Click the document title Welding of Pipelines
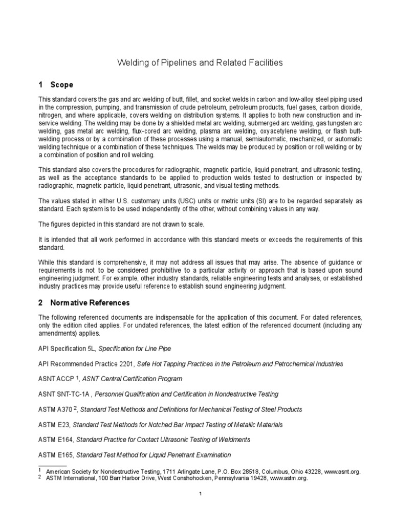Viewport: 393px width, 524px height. click(x=200, y=63)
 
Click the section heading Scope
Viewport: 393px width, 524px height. click(x=61, y=84)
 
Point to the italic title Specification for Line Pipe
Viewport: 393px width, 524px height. click(x=135, y=348)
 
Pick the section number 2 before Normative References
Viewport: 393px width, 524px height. click(x=41, y=302)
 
